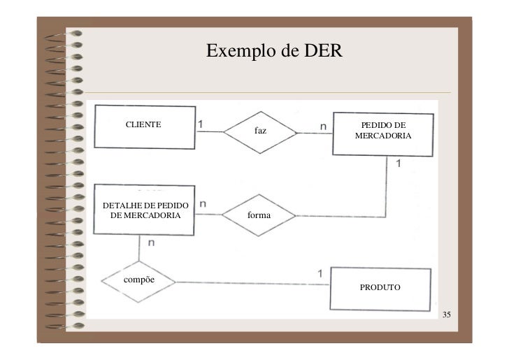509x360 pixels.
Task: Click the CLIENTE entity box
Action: [145, 127]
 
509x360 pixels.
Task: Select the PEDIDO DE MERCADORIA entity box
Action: [382, 135]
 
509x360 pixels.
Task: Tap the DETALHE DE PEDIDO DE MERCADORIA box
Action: [145, 210]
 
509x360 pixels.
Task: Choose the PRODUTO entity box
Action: [380, 288]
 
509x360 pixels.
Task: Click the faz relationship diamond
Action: [260, 131]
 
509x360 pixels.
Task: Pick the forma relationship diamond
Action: [259, 215]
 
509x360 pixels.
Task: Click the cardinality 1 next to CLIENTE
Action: [201, 124]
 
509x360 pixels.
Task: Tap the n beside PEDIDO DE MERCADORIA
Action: [323, 125]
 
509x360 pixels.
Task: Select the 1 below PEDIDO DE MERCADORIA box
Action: [399, 164]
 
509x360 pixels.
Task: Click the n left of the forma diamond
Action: [203, 204]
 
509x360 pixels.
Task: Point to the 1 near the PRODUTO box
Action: [320, 273]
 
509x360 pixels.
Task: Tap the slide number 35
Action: [446, 315]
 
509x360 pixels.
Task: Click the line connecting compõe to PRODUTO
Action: [252, 283]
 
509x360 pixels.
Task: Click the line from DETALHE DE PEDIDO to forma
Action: [208, 215]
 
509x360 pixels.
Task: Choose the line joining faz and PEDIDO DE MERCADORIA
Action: [315, 132]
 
